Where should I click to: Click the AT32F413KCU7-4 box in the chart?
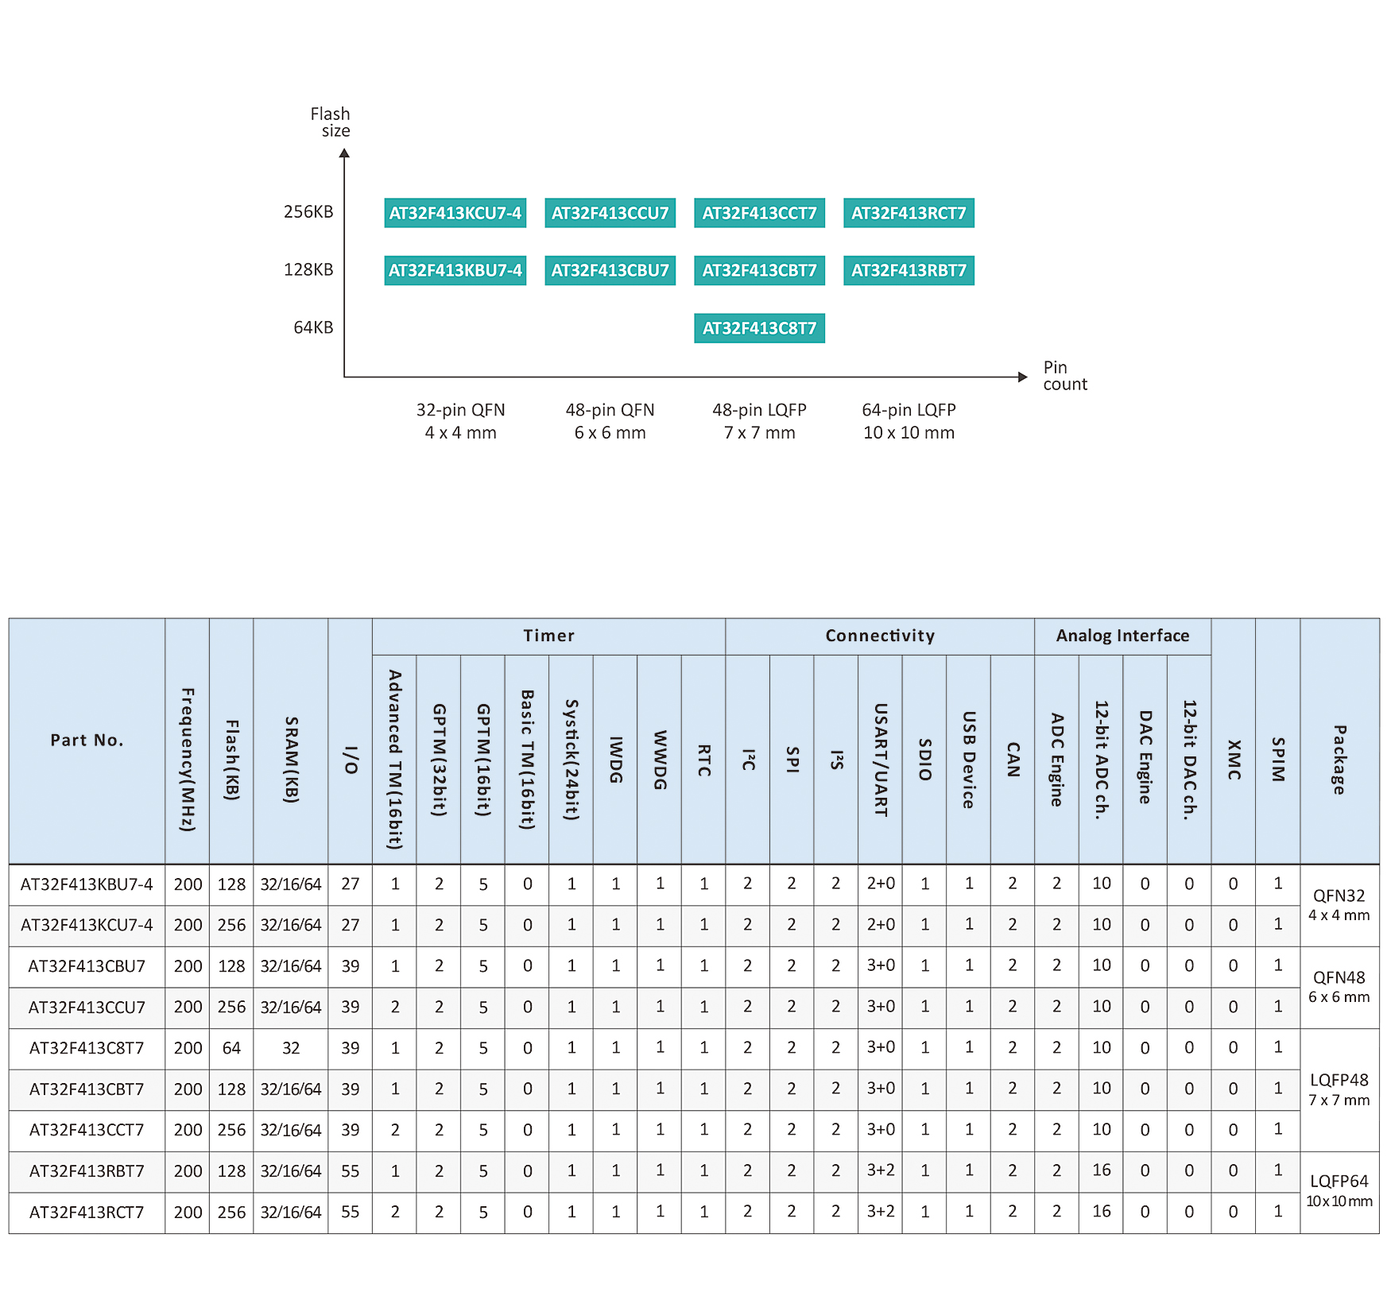[x=455, y=213]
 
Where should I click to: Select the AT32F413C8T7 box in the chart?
[x=759, y=328]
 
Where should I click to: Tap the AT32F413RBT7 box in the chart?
[x=909, y=270]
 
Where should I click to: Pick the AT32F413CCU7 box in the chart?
[x=610, y=213]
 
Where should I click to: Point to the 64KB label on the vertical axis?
[x=313, y=327]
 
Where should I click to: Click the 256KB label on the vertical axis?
[x=308, y=211]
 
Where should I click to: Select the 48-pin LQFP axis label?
[x=759, y=421]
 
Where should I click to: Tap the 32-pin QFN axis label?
[x=460, y=421]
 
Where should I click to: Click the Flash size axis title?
[x=330, y=122]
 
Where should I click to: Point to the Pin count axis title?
[x=1065, y=376]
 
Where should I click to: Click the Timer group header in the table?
[x=548, y=636]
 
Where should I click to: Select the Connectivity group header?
[x=880, y=636]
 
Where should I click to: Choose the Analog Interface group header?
[x=1122, y=636]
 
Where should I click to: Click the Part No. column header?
[x=87, y=741]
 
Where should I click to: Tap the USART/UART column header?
[x=880, y=760]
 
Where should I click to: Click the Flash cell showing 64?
[x=231, y=1048]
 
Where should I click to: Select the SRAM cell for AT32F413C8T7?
[x=291, y=1048]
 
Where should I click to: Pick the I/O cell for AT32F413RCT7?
[x=350, y=1212]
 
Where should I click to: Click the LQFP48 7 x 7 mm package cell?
[x=1339, y=1089]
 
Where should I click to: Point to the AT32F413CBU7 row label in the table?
[x=87, y=966]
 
